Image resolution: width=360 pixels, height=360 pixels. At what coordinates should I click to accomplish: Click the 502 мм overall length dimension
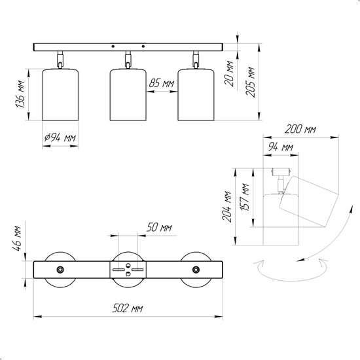pos(128,308)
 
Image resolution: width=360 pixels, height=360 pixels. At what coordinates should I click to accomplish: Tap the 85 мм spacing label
pos(162,83)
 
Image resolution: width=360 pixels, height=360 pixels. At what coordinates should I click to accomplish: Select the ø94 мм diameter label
pos(60,137)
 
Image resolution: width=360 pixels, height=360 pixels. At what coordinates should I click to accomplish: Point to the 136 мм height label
pos(20,94)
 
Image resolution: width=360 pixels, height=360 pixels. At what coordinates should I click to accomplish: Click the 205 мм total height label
pos(250,82)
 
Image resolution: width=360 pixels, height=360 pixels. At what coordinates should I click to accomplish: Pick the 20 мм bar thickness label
pos(229,73)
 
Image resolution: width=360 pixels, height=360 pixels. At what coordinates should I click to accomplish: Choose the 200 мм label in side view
pos(300,129)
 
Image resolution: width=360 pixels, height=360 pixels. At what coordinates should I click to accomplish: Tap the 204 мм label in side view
pos(227,207)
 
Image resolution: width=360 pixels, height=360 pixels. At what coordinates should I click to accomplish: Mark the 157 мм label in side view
pos(245,197)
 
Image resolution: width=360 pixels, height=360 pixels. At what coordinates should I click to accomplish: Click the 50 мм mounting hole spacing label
pos(159,227)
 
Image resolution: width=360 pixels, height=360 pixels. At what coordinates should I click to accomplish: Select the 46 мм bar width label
pos(17,238)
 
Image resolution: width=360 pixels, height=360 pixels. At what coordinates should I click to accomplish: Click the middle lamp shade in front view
pos(128,94)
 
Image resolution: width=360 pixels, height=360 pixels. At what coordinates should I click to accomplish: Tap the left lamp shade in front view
pos(60,94)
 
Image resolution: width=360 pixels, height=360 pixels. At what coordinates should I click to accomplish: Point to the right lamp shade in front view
pos(196,94)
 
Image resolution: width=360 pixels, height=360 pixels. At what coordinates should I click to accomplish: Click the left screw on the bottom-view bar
pos(60,270)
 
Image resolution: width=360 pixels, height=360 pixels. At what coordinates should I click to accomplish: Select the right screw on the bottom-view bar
pos(196,270)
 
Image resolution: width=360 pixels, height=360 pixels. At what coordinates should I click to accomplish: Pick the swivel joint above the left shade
pos(60,60)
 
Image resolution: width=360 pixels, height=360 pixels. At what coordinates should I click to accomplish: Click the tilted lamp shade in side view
pos(309,202)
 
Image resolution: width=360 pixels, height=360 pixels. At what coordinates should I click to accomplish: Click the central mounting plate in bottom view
pos(128,270)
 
